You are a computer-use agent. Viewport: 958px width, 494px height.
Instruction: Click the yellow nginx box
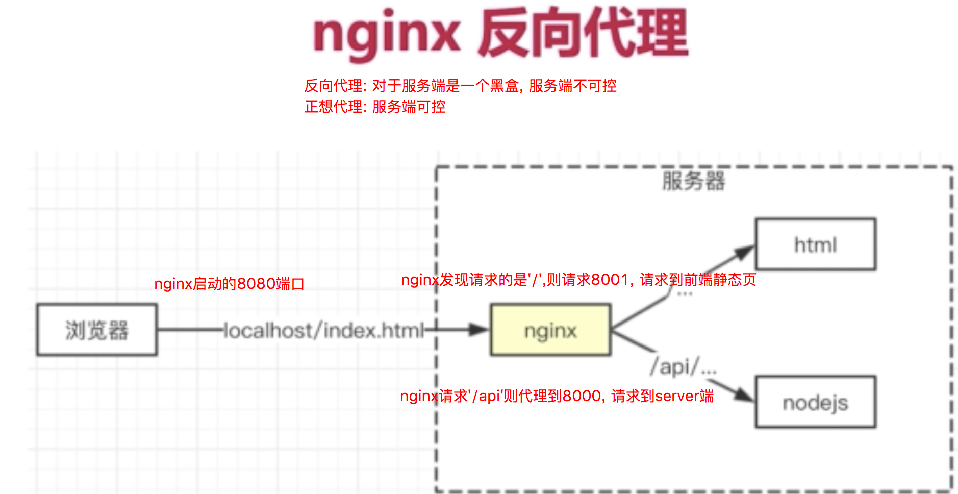pos(550,330)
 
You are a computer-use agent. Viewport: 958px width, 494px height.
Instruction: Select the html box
pos(815,244)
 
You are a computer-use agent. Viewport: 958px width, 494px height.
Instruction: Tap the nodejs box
pos(815,402)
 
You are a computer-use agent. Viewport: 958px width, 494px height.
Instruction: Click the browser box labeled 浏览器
pos(96,330)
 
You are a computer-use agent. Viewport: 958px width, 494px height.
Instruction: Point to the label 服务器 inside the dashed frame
pos(693,181)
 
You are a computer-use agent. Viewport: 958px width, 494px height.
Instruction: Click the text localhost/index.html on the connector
pos(324,331)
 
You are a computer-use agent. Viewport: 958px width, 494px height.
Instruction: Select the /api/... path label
pos(683,366)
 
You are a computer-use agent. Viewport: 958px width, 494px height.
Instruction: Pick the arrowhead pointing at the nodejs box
pos(744,394)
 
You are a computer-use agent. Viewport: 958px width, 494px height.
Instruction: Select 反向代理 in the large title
pos(583,34)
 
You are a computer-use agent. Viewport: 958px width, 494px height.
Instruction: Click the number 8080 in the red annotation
pos(257,284)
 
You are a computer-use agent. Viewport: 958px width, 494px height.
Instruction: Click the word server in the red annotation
pos(677,396)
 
